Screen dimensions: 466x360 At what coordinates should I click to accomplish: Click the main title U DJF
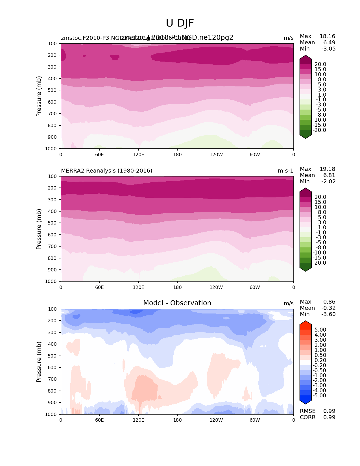[x=180, y=23]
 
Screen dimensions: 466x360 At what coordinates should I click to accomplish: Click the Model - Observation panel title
[x=177, y=303]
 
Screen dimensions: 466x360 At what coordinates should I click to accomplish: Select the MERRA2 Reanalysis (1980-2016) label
[x=106, y=171]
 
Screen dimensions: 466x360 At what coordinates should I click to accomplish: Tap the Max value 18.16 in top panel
[x=327, y=36]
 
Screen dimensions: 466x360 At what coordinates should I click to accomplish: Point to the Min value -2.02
[x=328, y=181]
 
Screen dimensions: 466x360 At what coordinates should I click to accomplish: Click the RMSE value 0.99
[x=329, y=411]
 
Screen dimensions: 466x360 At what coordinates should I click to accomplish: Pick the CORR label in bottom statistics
[x=307, y=417]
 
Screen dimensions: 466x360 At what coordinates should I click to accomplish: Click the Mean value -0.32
[x=328, y=308]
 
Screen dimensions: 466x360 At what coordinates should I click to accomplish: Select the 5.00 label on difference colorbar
[x=320, y=330]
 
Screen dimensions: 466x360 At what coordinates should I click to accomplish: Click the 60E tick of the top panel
[x=99, y=154]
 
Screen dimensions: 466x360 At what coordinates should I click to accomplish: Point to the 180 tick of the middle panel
[x=177, y=287]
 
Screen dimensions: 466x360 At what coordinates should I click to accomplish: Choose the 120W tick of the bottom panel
[x=216, y=420]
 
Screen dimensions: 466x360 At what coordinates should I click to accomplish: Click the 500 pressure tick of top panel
[x=53, y=90]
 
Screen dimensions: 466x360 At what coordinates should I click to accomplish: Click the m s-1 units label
[x=285, y=171]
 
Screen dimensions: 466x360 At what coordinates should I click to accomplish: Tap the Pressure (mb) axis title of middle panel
[x=39, y=229]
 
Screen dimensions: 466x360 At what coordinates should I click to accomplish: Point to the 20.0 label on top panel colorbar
[x=320, y=64]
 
